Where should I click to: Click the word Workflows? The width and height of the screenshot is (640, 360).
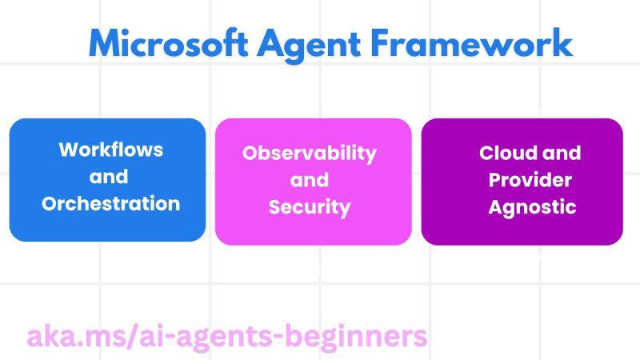click(110, 150)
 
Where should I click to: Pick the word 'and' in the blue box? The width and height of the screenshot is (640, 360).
click(109, 177)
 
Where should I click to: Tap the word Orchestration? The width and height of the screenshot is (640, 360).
click(110, 203)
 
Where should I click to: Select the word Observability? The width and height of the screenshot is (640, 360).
click(310, 153)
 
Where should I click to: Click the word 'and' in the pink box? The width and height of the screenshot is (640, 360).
click(309, 180)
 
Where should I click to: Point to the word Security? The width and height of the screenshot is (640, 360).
click(310, 207)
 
